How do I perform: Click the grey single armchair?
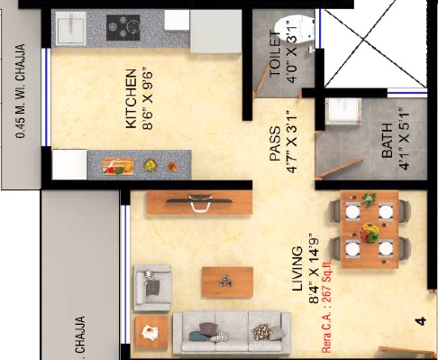pyautogui.click(x=151, y=287)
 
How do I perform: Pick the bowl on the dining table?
pyautogui.click(x=370, y=232)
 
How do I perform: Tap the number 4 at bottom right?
pyautogui.click(x=419, y=319)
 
